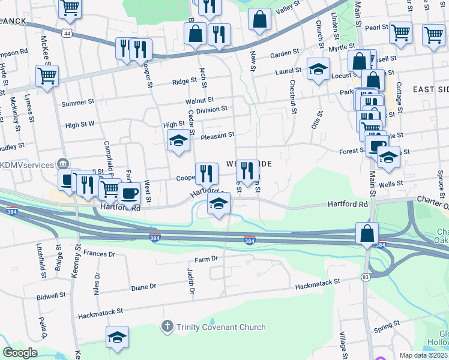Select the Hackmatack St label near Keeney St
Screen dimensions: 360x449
coord(100,313)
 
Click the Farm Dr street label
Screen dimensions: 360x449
coord(205,259)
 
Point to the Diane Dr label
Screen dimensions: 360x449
coord(143,287)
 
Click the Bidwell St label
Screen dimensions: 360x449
coord(51,297)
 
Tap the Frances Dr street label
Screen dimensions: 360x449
coord(99,254)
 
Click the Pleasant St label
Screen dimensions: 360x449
coord(217,136)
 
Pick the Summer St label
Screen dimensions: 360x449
coord(74,103)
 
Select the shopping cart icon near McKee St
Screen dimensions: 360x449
coord(47,76)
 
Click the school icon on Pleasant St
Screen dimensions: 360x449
coord(178,142)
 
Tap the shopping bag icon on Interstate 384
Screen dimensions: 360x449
coord(367,233)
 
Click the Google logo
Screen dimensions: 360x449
coord(20,353)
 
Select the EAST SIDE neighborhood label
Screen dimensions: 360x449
coord(431,89)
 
